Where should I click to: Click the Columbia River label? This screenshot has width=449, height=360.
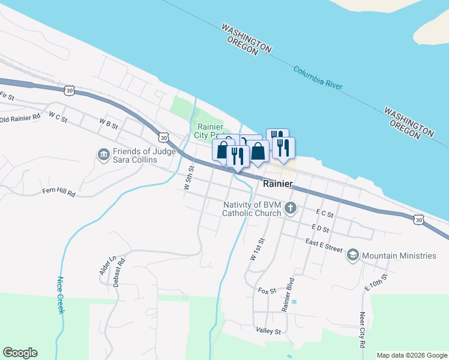coord(318,78)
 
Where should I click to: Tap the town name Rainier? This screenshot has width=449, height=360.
coord(277,184)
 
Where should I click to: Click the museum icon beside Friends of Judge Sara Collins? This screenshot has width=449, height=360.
coord(103,155)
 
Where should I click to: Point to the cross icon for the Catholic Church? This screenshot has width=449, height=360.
coord(291,209)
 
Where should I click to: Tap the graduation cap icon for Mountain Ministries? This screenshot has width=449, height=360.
coord(352,256)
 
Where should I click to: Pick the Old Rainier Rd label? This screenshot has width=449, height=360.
coord(20,119)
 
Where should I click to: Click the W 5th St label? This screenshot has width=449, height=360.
coord(188,178)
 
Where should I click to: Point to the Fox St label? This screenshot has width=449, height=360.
coord(267,290)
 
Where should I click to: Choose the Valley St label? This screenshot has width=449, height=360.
coord(268,331)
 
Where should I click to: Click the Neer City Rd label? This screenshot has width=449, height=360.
coord(362,330)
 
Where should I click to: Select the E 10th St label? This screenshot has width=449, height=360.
coord(376,281)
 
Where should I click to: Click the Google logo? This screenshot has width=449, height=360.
coord(20,353)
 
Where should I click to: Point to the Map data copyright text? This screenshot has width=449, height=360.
coord(411,355)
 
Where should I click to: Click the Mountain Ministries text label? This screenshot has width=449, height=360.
coord(399,256)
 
